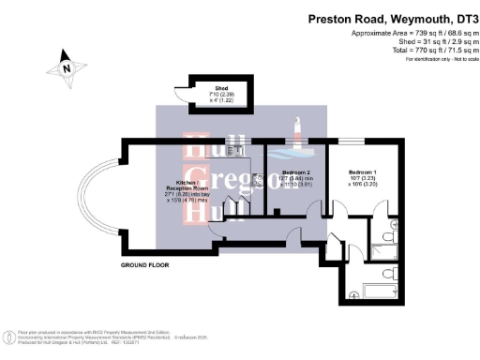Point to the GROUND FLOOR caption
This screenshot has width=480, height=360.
click(144, 265)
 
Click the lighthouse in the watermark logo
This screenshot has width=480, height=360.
click(297, 132)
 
